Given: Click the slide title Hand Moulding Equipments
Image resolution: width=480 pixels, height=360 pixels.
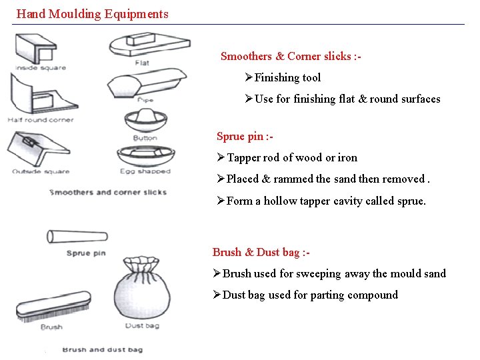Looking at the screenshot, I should (x=92, y=13).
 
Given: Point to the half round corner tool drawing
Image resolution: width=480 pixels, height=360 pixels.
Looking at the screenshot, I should (x=40, y=94).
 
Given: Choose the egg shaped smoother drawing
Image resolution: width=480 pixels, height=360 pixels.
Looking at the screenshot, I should (x=145, y=155).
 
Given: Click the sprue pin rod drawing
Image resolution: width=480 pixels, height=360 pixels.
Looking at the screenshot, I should (x=77, y=236).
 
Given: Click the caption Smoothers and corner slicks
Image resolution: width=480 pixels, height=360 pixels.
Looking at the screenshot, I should (x=108, y=192).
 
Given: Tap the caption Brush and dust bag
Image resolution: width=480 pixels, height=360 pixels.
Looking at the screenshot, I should (x=102, y=349).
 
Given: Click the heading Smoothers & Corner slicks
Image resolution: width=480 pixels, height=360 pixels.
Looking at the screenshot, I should (x=291, y=57).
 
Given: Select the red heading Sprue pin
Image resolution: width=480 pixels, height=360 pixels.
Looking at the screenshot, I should (x=244, y=137).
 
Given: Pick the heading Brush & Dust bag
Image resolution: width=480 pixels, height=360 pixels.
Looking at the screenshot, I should (x=261, y=252).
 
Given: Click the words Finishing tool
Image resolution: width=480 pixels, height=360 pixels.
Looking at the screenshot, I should (x=287, y=78).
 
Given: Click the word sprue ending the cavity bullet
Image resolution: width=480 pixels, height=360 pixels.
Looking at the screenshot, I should (x=410, y=201).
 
